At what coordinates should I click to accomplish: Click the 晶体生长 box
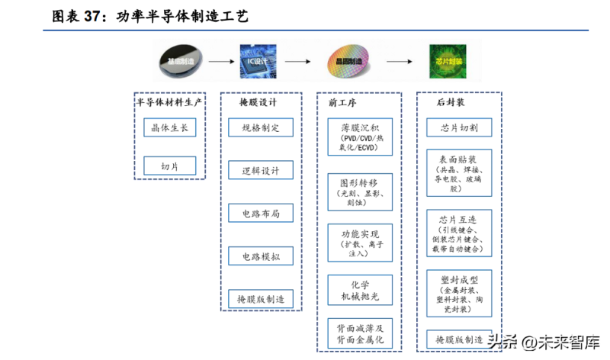click(169, 127)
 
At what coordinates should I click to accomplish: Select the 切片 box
click(169, 166)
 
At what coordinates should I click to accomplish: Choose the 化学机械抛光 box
click(360, 290)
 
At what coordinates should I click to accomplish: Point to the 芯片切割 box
click(459, 127)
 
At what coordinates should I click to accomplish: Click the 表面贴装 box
click(459, 172)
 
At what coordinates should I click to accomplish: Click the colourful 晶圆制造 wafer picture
click(350, 59)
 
